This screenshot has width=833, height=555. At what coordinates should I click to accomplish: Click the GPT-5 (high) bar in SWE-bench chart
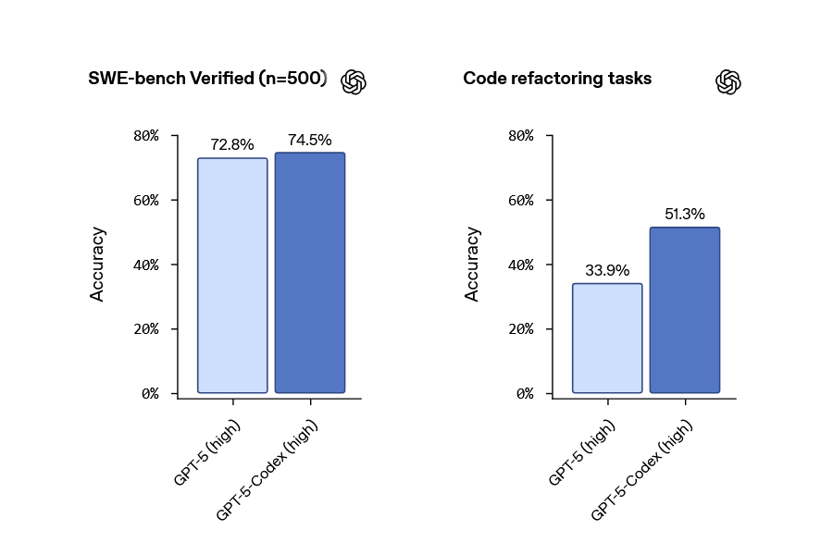232,276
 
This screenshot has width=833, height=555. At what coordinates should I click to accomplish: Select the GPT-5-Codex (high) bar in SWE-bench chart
310,273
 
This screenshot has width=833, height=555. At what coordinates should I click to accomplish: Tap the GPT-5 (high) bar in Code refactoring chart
607,338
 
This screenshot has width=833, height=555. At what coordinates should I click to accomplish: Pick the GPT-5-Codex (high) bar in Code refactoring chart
685,310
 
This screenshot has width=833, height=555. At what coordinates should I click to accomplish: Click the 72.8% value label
232,145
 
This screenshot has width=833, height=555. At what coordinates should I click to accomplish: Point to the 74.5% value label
310,140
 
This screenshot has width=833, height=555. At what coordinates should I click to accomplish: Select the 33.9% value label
607,270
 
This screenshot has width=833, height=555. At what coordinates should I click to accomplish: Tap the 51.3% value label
685,215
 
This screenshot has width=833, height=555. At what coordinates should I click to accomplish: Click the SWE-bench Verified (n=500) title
207,79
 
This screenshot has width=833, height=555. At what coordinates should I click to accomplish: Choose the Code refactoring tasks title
557,79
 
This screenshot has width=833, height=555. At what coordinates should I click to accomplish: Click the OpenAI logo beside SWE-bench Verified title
354,81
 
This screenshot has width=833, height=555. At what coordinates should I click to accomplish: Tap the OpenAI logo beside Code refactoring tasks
728,81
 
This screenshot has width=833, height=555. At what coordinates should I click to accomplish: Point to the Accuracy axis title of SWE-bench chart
97,264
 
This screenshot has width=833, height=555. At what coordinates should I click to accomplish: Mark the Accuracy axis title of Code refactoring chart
472,264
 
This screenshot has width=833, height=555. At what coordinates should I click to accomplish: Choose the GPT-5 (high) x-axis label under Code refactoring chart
580,451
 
